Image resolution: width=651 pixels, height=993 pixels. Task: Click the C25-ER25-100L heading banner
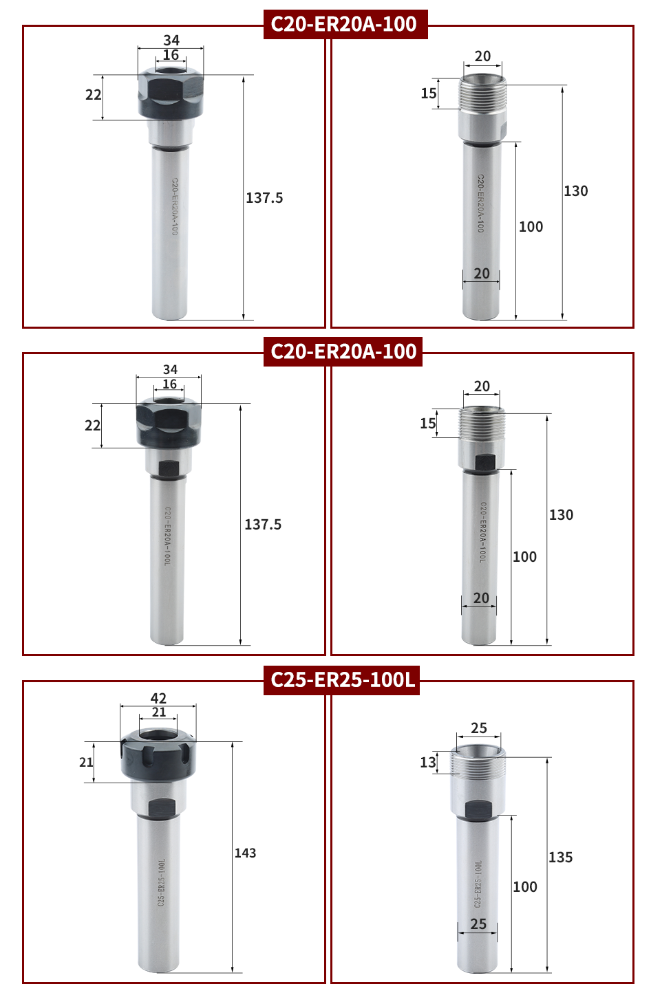pos(341,679)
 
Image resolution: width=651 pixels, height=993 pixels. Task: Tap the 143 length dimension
pos(246,853)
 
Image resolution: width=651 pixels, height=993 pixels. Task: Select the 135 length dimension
pos(560,856)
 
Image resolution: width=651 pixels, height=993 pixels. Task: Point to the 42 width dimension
pos(158,698)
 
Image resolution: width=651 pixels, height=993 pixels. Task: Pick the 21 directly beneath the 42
pos(158,712)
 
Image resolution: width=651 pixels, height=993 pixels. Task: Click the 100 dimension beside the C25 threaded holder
pos(525,886)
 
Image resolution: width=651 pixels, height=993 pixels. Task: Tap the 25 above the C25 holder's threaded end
pos(479,728)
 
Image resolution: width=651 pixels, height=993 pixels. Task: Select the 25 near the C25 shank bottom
pos(478,924)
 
